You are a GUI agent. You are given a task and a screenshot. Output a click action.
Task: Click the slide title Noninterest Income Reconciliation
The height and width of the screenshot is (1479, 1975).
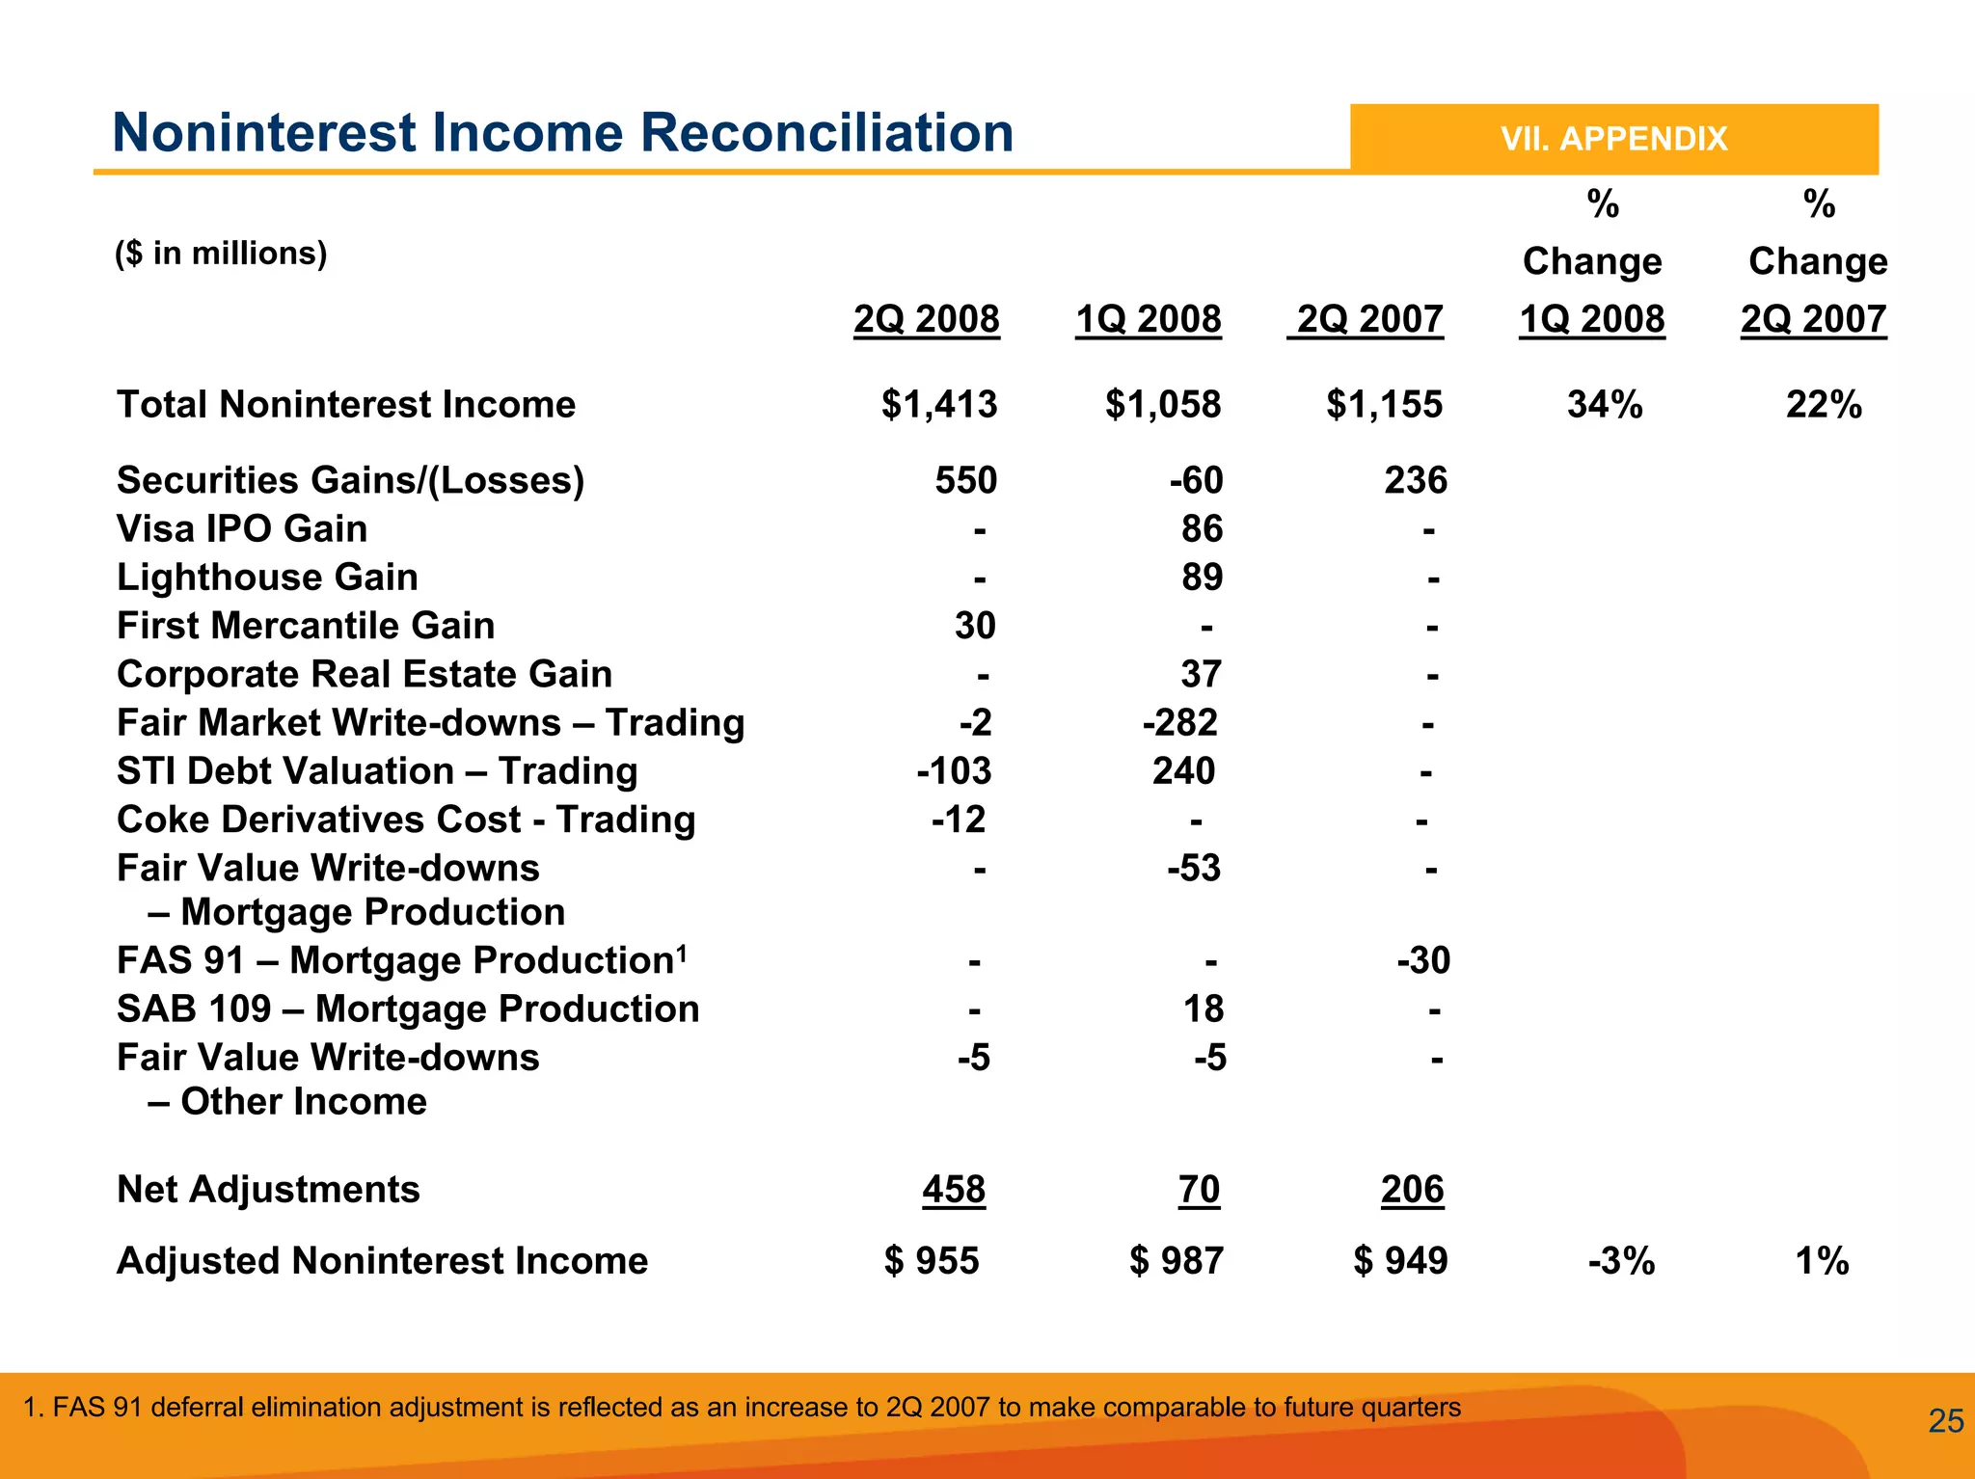(x=562, y=133)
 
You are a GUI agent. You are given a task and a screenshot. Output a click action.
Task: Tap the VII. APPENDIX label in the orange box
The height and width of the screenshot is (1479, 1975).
(x=1613, y=139)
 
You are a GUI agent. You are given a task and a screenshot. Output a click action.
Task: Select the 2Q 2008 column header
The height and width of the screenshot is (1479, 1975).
(x=926, y=319)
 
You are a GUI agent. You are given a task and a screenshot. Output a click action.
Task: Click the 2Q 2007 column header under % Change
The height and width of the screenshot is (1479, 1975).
(x=1812, y=319)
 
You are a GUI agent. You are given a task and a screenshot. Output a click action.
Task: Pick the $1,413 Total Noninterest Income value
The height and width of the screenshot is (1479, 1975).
(x=938, y=405)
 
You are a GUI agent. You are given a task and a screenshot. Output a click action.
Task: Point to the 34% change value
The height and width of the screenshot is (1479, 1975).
(x=1604, y=405)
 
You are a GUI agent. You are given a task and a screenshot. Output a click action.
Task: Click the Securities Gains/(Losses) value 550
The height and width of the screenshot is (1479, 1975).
(x=965, y=480)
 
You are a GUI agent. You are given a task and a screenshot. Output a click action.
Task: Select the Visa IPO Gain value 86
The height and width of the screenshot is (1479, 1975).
(x=1202, y=528)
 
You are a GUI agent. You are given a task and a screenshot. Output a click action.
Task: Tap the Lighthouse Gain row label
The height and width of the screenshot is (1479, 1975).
(x=267, y=578)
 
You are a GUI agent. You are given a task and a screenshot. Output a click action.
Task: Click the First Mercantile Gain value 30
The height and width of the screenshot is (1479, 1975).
(x=975, y=626)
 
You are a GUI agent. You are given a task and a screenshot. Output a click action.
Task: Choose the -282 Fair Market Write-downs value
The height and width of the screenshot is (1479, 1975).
(x=1179, y=722)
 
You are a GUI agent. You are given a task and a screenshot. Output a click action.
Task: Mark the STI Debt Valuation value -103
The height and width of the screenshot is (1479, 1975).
(x=953, y=771)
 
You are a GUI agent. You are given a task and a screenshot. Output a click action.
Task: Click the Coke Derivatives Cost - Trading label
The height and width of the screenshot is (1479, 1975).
(x=405, y=820)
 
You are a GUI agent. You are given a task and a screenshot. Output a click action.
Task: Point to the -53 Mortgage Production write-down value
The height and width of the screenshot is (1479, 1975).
(x=1193, y=868)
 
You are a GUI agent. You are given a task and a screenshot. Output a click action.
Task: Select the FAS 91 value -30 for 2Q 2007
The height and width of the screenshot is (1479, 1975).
(x=1422, y=960)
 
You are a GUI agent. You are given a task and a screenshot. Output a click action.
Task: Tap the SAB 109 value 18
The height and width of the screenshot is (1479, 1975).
(x=1203, y=1008)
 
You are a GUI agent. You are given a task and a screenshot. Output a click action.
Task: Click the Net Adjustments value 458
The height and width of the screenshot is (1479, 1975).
(x=953, y=1189)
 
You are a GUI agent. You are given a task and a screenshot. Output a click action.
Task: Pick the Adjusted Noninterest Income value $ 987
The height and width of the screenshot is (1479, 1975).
(x=1176, y=1261)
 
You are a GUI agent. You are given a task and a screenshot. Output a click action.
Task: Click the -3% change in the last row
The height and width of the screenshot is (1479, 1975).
(x=1621, y=1261)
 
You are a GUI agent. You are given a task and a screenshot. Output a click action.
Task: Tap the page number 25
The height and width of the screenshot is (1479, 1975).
(x=1945, y=1421)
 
